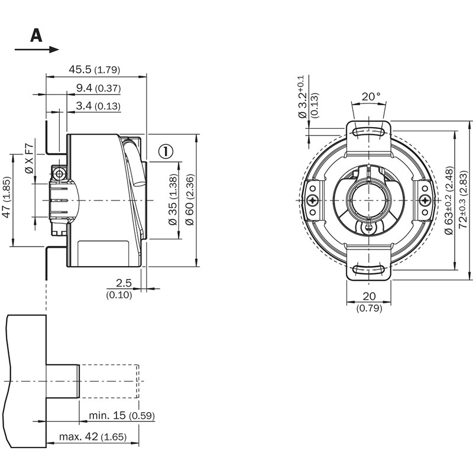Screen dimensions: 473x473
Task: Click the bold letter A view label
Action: (37, 35)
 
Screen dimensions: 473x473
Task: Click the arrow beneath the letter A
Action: (37, 50)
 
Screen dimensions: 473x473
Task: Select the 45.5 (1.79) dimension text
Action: (94, 70)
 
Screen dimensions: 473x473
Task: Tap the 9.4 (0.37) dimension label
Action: (98, 89)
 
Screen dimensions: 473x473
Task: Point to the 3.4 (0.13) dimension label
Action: (98, 106)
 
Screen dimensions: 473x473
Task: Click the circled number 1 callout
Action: (166, 152)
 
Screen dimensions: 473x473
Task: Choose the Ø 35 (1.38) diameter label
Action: (173, 200)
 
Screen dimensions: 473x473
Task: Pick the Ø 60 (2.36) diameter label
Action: (190, 200)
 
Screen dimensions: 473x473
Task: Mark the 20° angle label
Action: (371, 96)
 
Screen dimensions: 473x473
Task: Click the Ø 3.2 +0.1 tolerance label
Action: (303, 98)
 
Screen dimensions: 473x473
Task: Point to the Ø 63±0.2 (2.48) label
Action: (449, 201)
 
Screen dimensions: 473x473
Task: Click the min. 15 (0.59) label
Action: (122, 416)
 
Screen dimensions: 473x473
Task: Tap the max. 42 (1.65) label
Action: (93, 438)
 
